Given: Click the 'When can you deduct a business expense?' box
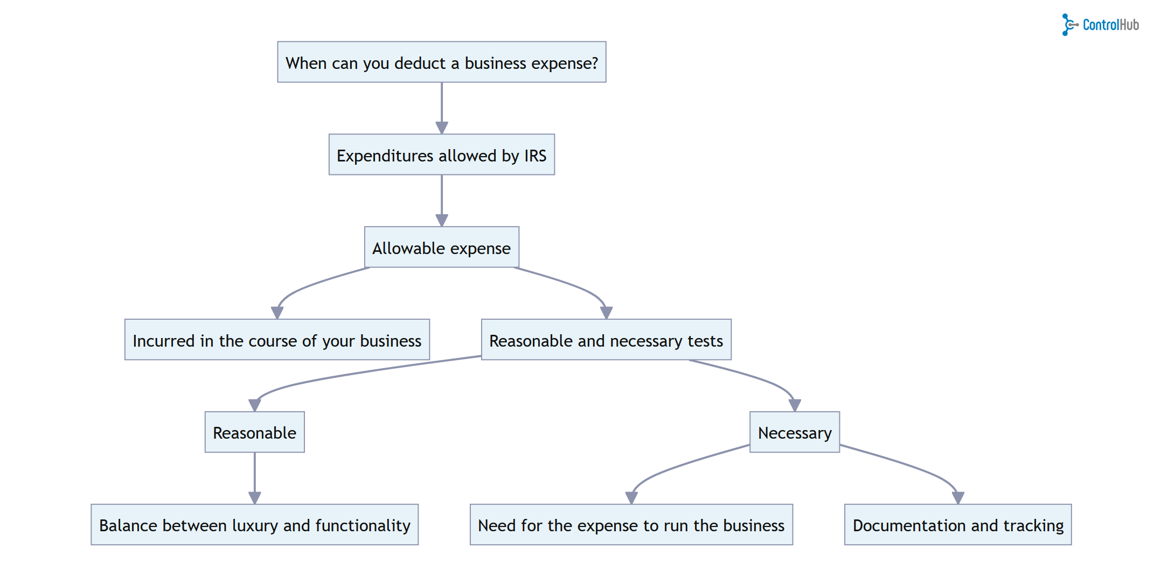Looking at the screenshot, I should coord(441,62).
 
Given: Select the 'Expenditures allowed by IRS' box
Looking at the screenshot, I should coord(441,155).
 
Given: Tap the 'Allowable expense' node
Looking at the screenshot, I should coord(441,248).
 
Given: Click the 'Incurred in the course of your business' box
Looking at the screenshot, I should coord(277,340).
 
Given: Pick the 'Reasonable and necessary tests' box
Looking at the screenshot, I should coord(606,340).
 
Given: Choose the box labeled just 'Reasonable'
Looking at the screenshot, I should coord(254,432).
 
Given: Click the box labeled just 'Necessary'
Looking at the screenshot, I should coord(794,432).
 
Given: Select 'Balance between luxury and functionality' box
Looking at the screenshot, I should coord(254,525).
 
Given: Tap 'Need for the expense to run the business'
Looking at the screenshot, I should coord(631,525).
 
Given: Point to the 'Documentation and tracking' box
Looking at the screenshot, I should coord(957,525).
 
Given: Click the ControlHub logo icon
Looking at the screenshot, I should coord(1068,25).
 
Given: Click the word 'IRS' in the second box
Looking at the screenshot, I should coord(535,156).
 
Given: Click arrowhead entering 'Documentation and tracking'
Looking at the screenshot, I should coord(958,497).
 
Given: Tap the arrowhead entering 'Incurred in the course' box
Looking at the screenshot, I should coord(277,312).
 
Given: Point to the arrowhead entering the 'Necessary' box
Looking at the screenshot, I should coord(795,405).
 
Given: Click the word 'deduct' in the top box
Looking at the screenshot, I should coord(420,63).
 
